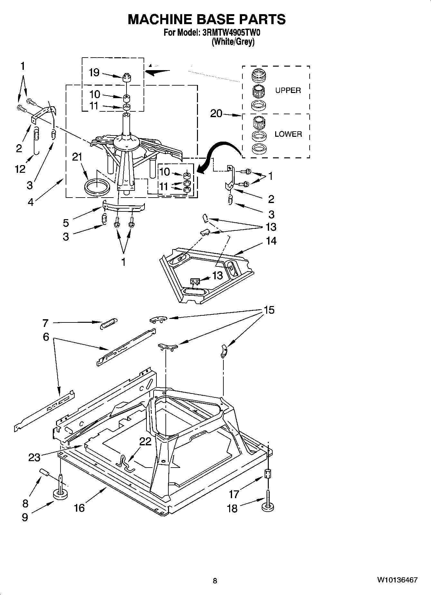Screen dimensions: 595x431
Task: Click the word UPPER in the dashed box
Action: (288, 90)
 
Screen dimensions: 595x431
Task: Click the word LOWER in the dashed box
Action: (288, 134)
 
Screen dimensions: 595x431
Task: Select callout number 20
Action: (216, 114)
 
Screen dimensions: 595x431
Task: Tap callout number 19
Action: (94, 73)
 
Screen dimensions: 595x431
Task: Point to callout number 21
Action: (77, 157)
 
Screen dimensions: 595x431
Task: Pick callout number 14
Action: (271, 241)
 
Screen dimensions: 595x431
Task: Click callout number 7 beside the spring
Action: (45, 322)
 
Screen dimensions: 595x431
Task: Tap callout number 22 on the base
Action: (145, 441)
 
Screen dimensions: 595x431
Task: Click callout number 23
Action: (34, 457)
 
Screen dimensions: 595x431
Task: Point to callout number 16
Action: (79, 508)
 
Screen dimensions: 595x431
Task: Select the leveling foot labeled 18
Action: (268, 507)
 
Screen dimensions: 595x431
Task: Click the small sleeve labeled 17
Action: (268, 474)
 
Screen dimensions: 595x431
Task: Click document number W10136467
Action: (397, 580)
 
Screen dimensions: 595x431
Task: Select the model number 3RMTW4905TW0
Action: (230, 33)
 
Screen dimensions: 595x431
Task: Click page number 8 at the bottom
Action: (215, 581)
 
